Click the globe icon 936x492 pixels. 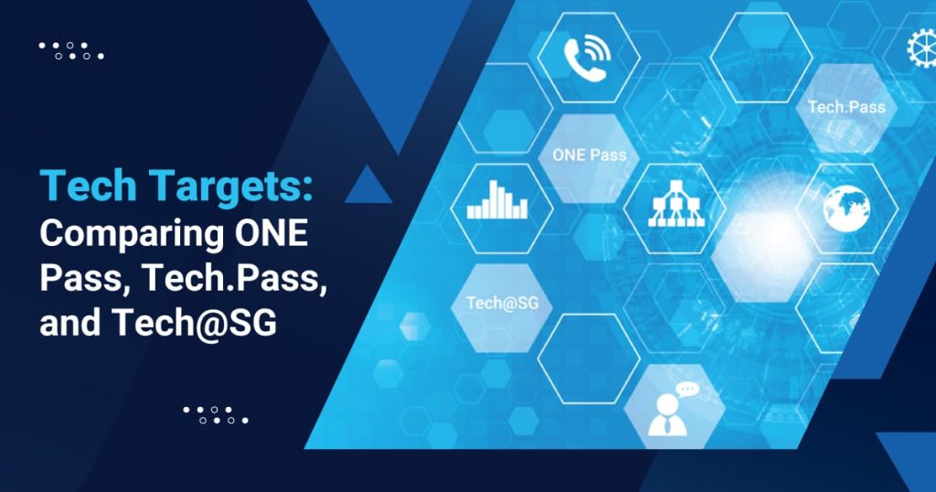(x=846, y=208)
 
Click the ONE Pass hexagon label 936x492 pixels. (x=589, y=155)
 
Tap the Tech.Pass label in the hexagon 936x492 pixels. (x=846, y=107)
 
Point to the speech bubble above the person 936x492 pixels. (x=686, y=389)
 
